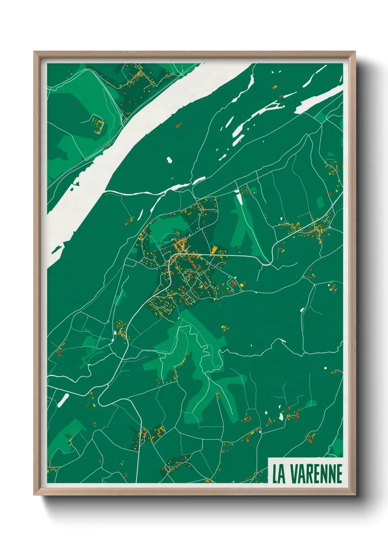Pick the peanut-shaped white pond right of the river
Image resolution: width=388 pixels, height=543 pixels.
pyautogui.click(x=169, y=160)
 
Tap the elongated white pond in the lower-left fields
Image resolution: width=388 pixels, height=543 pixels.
pyautogui.click(x=63, y=400)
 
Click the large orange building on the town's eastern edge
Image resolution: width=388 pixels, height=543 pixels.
pyautogui.click(x=215, y=249)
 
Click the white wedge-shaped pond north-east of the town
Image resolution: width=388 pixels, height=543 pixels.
pyautogui.click(x=239, y=198)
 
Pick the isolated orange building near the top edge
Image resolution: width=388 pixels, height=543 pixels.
pyautogui.click(x=274, y=87)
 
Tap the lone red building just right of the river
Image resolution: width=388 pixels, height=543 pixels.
pyautogui.click(x=179, y=125)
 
